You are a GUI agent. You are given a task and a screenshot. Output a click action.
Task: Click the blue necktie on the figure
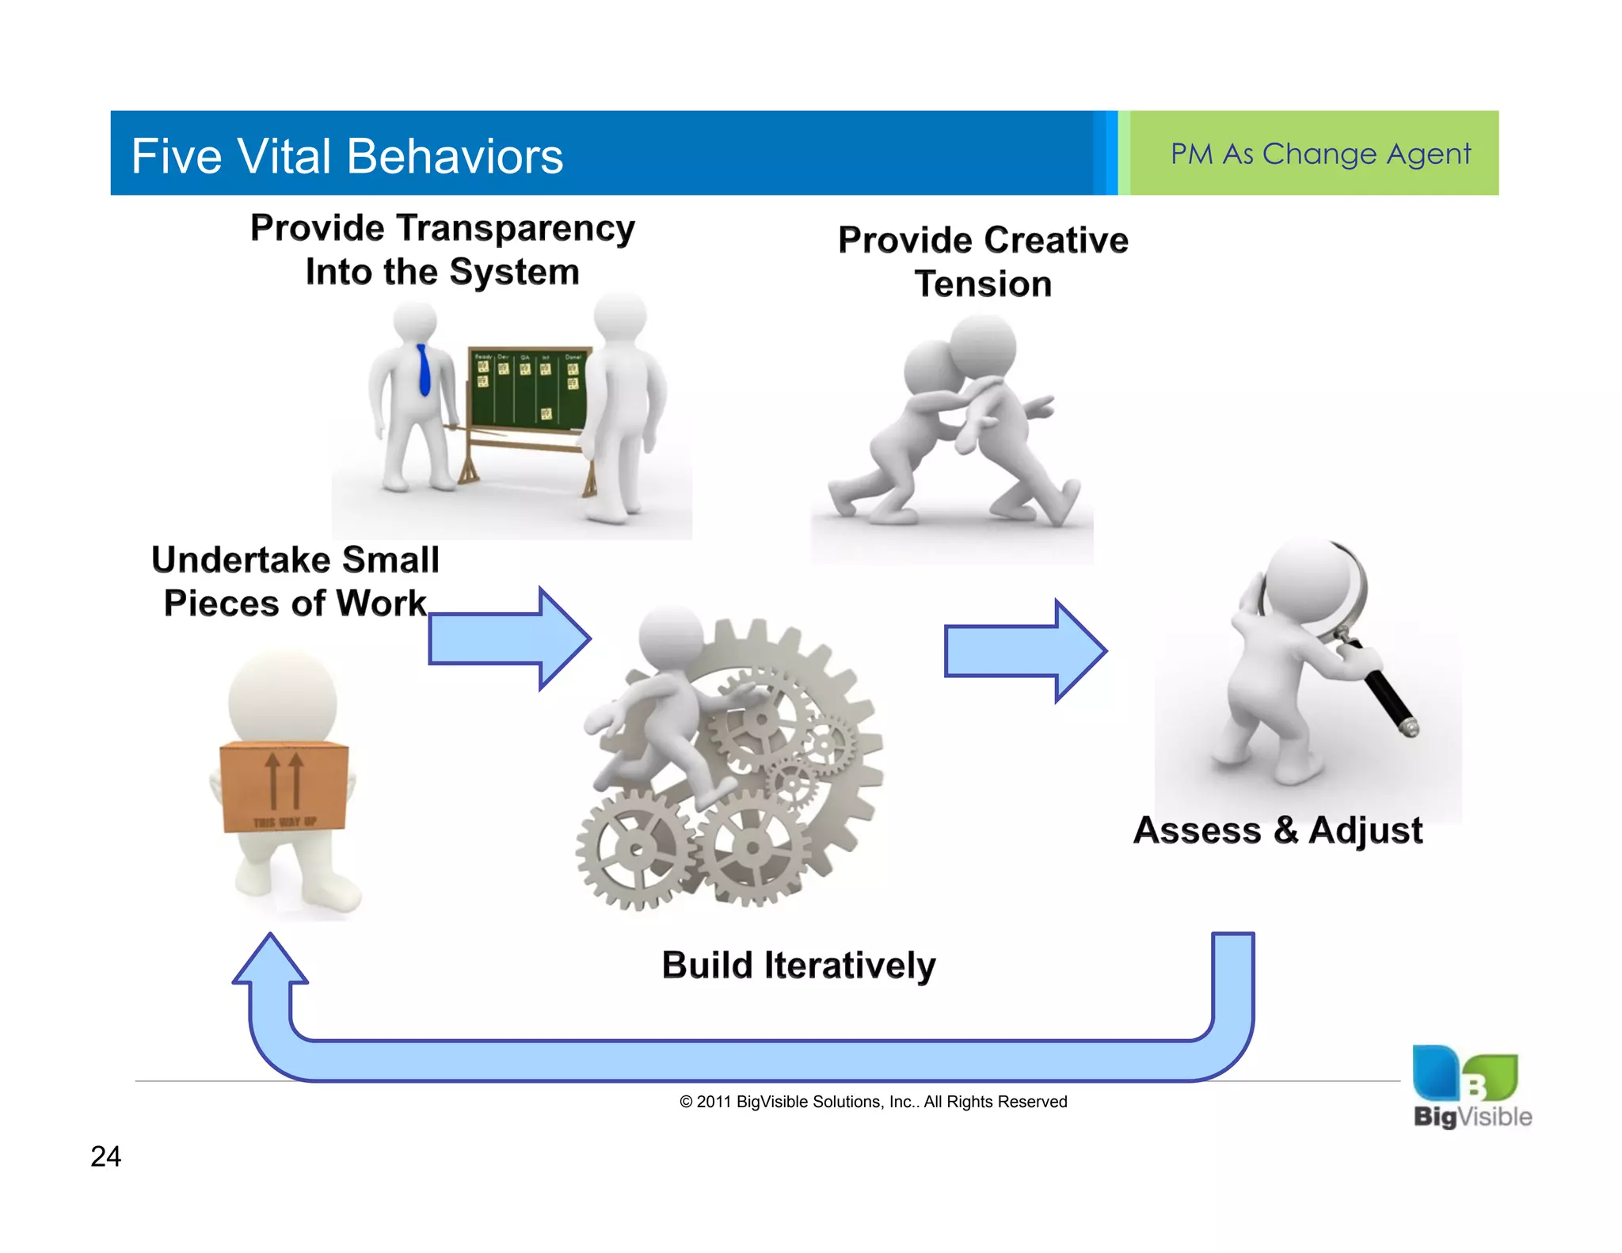tap(425, 370)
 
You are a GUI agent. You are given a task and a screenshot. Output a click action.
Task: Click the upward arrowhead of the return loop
tap(270, 960)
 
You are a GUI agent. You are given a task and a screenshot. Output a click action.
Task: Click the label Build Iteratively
tap(798, 965)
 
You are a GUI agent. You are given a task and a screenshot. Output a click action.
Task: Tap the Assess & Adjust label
tap(1277, 830)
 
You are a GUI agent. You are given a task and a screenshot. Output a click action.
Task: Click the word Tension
tap(983, 284)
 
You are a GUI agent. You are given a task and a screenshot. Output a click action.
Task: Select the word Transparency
tap(515, 228)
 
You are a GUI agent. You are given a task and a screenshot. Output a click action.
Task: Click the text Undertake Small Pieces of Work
tap(295, 581)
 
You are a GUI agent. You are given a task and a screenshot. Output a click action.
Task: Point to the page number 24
tap(105, 1156)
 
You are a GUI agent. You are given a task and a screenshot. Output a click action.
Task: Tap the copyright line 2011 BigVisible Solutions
tap(873, 1102)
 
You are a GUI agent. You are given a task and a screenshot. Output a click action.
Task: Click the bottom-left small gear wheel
tap(635, 850)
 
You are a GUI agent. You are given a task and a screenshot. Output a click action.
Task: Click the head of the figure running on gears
tap(671, 638)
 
